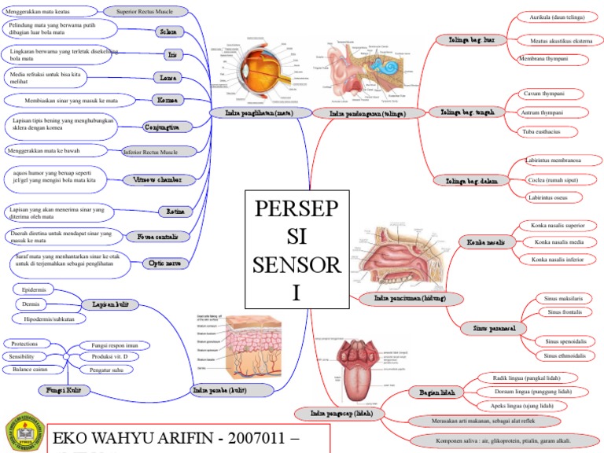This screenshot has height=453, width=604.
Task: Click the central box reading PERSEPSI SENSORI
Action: coord(296,249)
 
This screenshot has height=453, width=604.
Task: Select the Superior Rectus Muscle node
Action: coord(148,12)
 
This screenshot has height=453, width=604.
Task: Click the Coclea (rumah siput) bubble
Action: coord(554,179)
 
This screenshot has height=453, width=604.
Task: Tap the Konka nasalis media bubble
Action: coord(558,242)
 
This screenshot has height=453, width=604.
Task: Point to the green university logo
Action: coord(22,432)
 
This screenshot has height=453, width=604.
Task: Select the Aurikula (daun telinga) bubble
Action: coord(557,16)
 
